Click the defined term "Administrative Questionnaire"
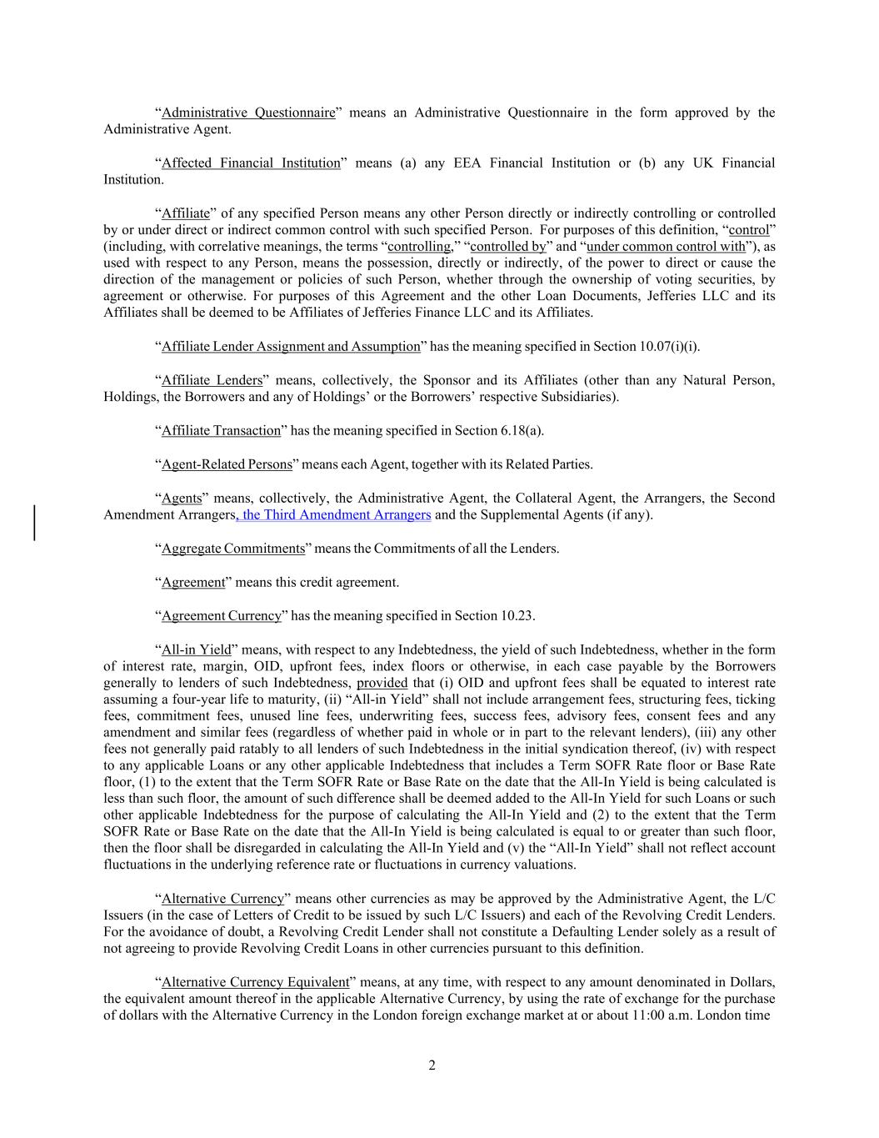click(247, 113)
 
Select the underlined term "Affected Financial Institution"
click(251, 163)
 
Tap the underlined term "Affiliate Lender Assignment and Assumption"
click(291, 346)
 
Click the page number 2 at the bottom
click(432, 1065)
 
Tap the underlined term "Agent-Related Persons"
click(227, 464)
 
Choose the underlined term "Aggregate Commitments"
click(233, 548)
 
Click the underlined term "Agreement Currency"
click(222, 615)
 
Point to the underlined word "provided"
click(382, 682)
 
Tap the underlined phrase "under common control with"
click(666, 246)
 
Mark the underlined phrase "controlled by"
click(508, 246)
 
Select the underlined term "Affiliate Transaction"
click(221, 430)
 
